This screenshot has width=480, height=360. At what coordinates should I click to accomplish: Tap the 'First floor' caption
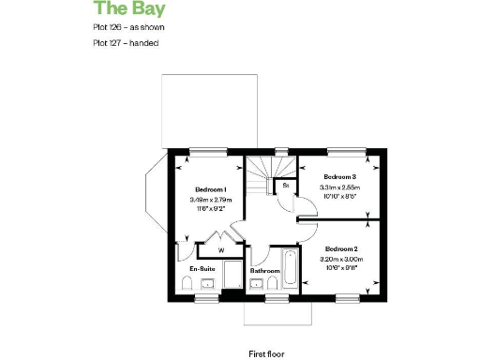[x=265, y=328]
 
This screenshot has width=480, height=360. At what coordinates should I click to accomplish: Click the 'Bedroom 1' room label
[x=212, y=189]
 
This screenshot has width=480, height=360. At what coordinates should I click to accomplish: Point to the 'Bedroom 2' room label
[x=339, y=247]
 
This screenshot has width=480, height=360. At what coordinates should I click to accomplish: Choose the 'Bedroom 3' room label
[x=339, y=176]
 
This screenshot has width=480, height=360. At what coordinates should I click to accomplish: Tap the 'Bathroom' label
[x=265, y=271]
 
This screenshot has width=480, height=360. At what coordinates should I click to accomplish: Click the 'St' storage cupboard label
[x=285, y=186]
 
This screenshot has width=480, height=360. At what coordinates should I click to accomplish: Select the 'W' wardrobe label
[x=219, y=250]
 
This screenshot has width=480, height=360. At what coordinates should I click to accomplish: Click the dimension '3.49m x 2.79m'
[x=212, y=200]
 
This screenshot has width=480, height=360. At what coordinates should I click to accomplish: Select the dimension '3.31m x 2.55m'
[x=339, y=187]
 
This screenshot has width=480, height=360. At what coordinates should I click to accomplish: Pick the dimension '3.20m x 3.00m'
[x=339, y=258]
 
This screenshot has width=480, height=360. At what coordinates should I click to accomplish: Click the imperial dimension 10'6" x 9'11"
[x=339, y=267]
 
